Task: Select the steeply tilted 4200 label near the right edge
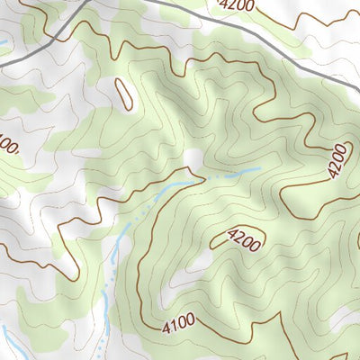point(337,160)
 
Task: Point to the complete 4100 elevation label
point(180,324)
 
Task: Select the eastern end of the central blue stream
point(258,168)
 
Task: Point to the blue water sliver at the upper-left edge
point(4,42)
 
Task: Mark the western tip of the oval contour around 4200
point(212,244)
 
